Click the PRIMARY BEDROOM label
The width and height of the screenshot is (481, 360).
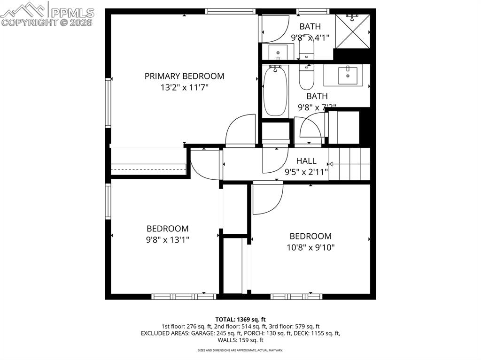coord(184,76)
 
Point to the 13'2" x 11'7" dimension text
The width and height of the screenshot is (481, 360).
coord(184,87)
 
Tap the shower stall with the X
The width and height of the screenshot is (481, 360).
coord(352,31)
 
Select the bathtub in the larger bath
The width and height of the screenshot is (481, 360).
coord(275,91)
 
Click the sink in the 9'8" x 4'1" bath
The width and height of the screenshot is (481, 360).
coord(278,51)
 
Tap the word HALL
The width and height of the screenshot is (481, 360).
coord(306,161)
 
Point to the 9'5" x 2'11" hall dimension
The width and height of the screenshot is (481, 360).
coord(306,172)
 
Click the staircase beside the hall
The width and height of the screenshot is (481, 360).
coord(349,164)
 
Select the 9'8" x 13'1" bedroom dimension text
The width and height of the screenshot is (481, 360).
coord(168,239)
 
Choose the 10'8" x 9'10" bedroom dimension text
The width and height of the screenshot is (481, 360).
coord(310,247)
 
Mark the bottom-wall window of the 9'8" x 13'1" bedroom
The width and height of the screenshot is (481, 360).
coord(184,297)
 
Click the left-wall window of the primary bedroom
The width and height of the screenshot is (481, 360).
coord(108,103)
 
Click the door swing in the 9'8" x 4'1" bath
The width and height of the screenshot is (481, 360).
coord(275,29)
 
